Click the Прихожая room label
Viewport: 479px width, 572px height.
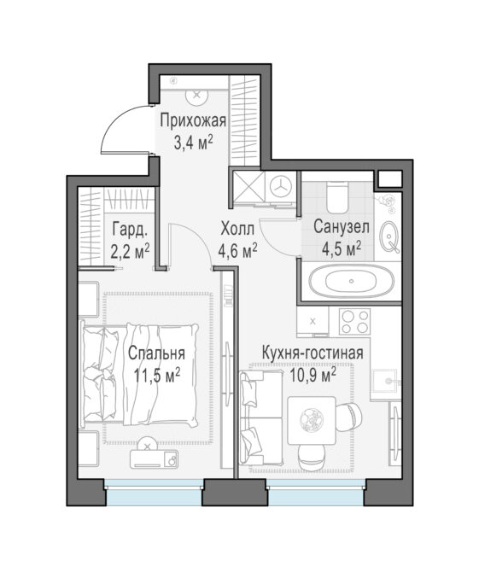[193, 120]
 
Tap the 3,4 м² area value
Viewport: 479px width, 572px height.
[193, 142]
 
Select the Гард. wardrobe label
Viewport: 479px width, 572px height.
[130, 230]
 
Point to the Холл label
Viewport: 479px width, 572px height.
[237, 229]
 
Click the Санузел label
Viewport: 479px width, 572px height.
[342, 227]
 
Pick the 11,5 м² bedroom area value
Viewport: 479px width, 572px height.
[157, 375]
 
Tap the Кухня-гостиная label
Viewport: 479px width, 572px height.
[313, 353]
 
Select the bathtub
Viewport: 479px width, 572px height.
[351, 281]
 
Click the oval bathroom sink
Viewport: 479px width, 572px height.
[389, 237]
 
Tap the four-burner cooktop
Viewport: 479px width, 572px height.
[354, 321]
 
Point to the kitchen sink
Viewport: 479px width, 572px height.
[384, 381]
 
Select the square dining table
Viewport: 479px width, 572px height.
[312, 421]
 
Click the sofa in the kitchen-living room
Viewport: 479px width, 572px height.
[260, 418]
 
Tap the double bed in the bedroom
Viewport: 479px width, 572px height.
[140, 374]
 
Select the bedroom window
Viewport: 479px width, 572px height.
[154, 491]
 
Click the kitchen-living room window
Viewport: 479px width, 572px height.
[316, 491]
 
